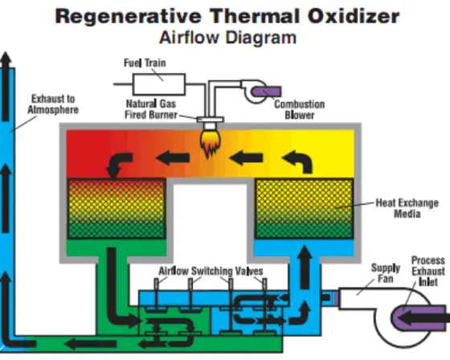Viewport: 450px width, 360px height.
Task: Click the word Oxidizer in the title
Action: (x=354, y=16)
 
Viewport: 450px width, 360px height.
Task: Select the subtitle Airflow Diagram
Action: (x=227, y=38)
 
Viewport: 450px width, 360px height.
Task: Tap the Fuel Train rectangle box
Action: (x=159, y=84)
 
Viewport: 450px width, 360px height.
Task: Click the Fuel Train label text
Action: (x=145, y=63)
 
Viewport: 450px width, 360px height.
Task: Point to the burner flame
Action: (x=211, y=143)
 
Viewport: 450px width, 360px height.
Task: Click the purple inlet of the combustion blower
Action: (x=266, y=92)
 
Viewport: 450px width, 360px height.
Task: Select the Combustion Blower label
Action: (x=299, y=109)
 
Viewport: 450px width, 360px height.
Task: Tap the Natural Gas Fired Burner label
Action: (x=151, y=109)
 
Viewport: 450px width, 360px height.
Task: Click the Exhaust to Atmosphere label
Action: (x=53, y=104)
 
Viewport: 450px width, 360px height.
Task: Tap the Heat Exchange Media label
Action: (x=407, y=208)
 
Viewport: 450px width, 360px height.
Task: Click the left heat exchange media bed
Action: (x=117, y=208)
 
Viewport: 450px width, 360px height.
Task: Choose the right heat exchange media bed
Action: (x=305, y=208)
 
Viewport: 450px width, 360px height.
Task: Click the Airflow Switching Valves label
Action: (x=211, y=271)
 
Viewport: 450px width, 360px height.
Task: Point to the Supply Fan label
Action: (x=386, y=273)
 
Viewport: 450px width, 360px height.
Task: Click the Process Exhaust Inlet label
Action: (x=428, y=272)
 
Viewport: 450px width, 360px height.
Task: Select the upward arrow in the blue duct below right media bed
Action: (x=305, y=267)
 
